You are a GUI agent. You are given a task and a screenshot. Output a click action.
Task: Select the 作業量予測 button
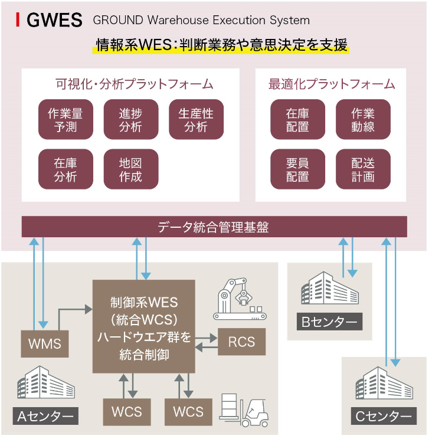[65, 120]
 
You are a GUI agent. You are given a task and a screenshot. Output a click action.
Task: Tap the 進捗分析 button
[130, 120]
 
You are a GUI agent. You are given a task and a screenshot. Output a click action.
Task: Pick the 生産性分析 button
[196, 120]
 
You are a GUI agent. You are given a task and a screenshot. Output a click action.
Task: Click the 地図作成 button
[130, 169]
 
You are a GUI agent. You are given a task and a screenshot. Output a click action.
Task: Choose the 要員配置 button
[297, 169]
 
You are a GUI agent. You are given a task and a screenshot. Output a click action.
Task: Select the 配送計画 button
[363, 169]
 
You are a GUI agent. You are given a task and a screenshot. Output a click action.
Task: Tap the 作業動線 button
[363, 120]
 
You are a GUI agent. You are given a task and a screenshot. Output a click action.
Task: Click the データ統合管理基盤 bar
[214, 227]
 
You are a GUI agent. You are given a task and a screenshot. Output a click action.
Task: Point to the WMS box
[45, 343]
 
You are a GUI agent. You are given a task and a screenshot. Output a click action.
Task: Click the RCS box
[241, 342]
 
